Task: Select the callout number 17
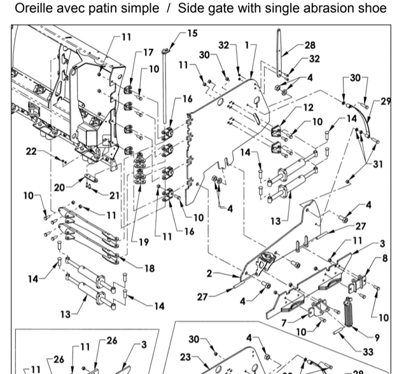148,52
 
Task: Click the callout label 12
308,107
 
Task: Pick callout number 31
379,164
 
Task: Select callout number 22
31,150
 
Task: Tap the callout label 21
115,194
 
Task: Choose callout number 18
149,269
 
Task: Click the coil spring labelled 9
349,311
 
